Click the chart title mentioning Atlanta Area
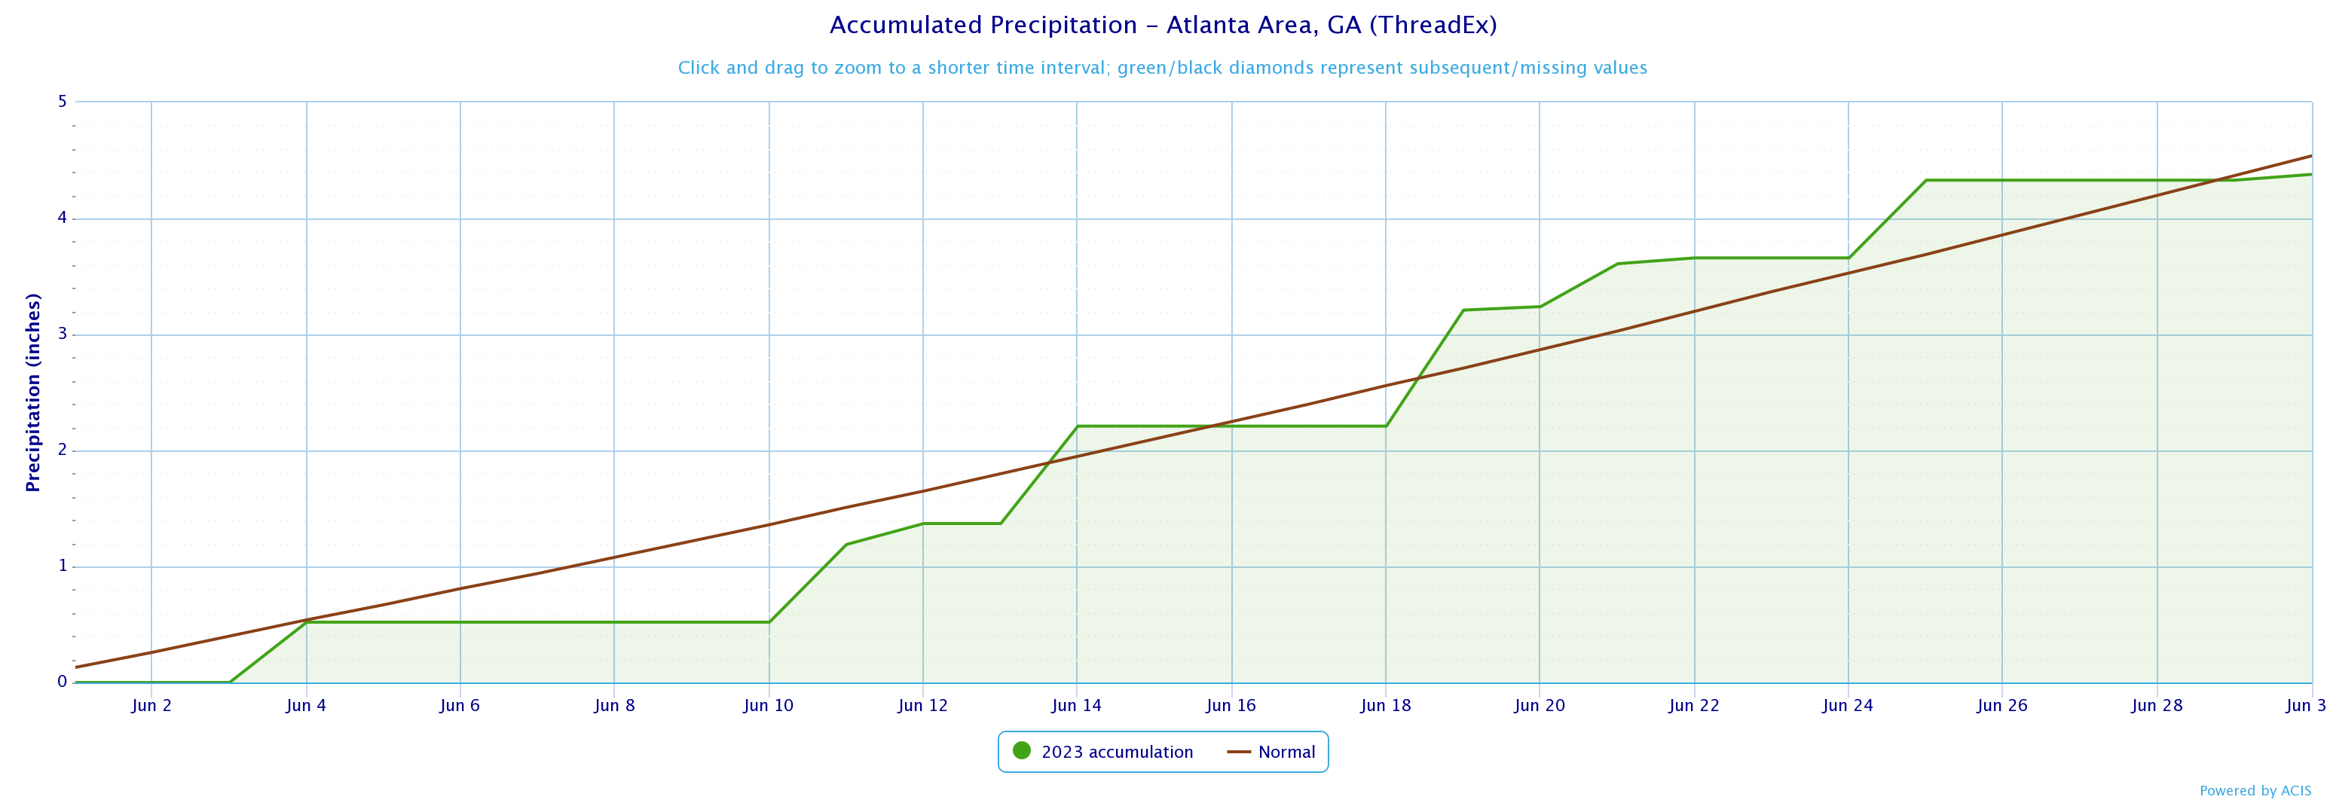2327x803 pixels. (x=1163, y=26)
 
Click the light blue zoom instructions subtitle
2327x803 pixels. (x=1163, y=68)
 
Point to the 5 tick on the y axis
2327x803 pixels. (x=63, y=101)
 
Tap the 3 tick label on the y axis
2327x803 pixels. (x=63, y=334)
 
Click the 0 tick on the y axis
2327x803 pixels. (x=63, y=682)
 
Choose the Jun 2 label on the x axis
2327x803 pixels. (x=151, y=705)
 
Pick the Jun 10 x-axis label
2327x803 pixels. (x=769, y=705)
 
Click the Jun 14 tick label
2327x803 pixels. (x=1077, y=705)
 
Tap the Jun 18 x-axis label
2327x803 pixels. (x=1386, y=705)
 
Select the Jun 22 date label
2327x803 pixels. (x=1694, y=705)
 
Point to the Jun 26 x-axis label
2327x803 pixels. (x=2001, y=705)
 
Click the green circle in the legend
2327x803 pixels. (x=1022, y=750)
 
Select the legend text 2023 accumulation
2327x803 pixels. (x=1117, y=752)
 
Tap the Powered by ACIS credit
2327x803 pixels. (x=2255, y=790)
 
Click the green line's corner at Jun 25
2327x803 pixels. (x=1926, y=181)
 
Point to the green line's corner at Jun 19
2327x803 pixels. (x=1463, y=310)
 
